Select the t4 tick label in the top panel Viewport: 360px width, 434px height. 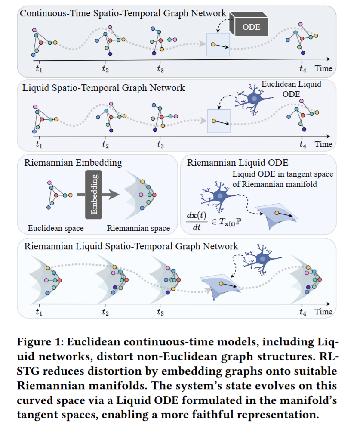[303, 68]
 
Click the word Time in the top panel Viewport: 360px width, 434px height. [323, 68]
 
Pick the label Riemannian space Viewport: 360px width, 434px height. [138, 228]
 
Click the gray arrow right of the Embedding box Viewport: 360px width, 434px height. [113, 195]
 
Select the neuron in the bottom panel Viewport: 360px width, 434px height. [262, 260]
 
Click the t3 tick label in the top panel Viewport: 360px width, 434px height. [160, 68]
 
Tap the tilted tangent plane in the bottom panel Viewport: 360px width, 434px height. [222, 285]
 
